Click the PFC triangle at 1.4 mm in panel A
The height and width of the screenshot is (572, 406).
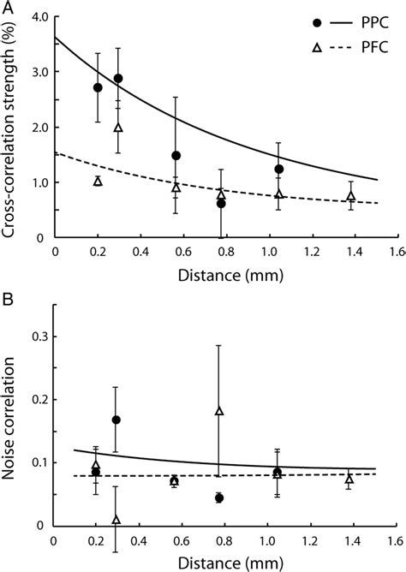(x=351, y=197)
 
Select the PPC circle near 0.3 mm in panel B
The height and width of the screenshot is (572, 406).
(x=116, y=420)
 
